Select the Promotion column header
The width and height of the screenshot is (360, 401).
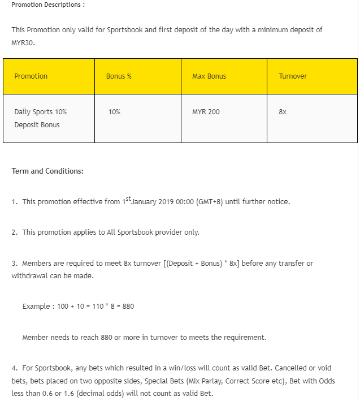click(31, 76)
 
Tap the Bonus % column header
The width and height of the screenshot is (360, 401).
click(119, 76)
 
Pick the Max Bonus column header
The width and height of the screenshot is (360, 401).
click(209, 76)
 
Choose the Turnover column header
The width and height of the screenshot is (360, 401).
click(293, 76)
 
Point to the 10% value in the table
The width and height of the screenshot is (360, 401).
click(114, 112)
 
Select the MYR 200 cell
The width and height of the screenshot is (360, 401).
click(206, 112)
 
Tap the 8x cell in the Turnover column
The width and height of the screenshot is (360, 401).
click(283, 112)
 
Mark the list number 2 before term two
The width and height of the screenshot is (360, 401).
click(14, 232)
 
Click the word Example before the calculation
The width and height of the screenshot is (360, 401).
click(36, 307)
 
